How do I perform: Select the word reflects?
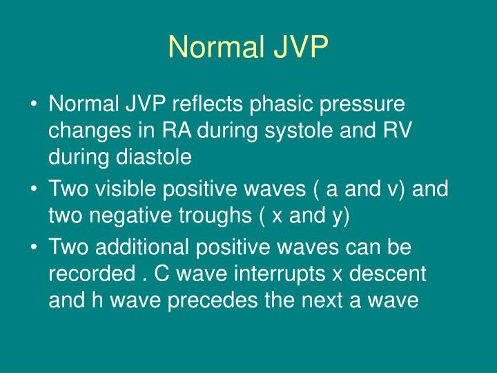point(207,106)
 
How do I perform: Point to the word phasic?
point(278,106)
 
